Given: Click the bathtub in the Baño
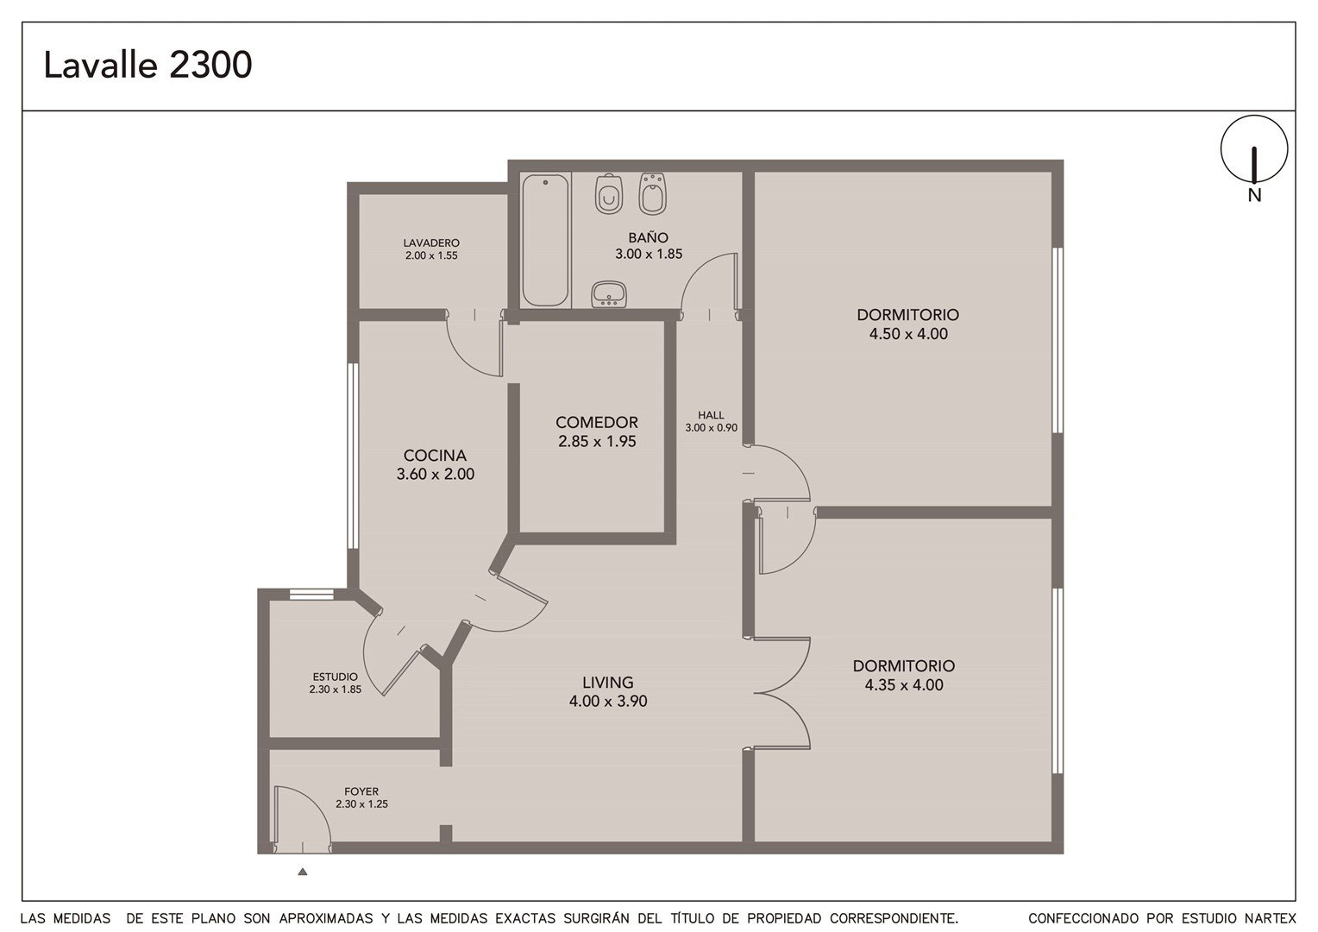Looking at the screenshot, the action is (x=545, y=240).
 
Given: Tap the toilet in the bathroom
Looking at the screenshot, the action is (x=609, y=194).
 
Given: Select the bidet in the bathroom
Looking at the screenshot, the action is (x=652, y=194).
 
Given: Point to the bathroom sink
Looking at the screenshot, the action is (x=609, y=294).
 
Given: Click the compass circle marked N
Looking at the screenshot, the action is (x=1254, y=148).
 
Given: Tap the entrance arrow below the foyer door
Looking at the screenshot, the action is (x=303, y=872).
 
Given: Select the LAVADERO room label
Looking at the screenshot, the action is (x=431, y=242).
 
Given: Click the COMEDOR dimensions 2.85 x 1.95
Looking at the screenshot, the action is (x=597, y=441).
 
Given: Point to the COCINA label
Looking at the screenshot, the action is (x=435, y=455).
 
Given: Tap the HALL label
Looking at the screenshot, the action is (x=711, y=415).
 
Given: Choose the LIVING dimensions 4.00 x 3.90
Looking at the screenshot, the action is (x=608, y=702).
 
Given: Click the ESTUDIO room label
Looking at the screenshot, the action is (x=335, y=677).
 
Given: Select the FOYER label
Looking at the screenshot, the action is (x=361, y=792).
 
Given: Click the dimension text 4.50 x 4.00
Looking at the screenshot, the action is (x=908, y=334).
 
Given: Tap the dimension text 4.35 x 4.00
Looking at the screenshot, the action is (x=904, y=684).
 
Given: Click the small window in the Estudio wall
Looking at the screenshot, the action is (x=311, y=594).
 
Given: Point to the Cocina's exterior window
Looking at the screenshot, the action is (x=353, y=456).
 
